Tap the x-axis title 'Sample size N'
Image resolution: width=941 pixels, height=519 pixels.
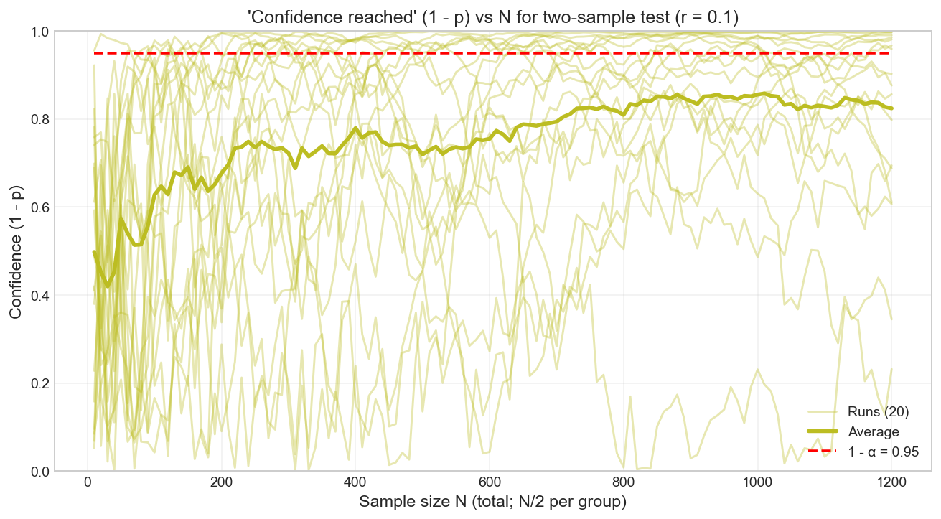click(x=493, y=502)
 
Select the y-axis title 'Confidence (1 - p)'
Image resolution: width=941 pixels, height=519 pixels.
click(x=15, y=251)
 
